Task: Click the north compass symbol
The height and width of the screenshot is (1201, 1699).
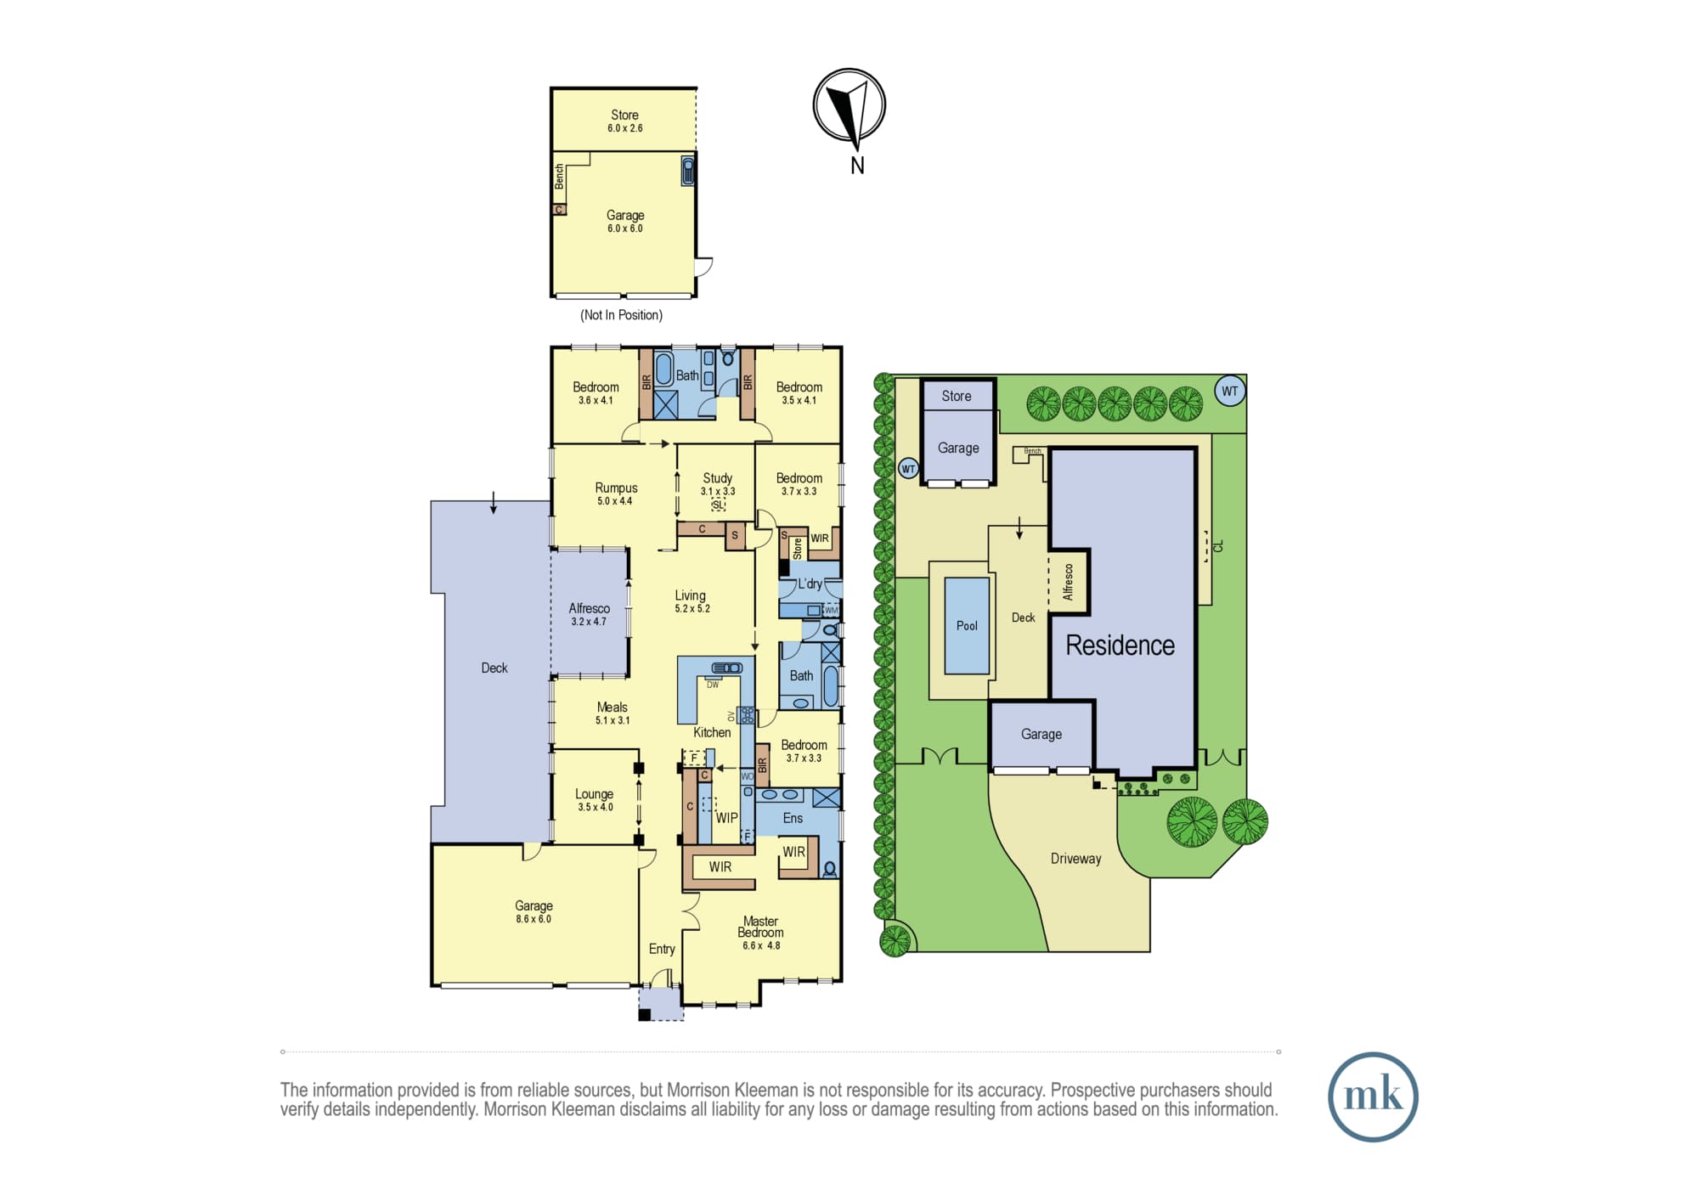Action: click(849, 105)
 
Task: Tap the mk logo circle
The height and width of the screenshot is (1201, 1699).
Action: click(1373, 1097)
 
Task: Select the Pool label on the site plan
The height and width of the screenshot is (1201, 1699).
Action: click(967, 626)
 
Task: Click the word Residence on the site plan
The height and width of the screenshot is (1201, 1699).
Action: click(1120, 646)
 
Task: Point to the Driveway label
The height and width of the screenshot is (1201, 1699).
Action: click(1075, 859)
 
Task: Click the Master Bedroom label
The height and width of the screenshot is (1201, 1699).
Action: click(760, 927)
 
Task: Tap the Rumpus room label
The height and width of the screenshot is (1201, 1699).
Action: click(616, 488)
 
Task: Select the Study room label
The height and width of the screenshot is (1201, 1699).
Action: click(718, 478)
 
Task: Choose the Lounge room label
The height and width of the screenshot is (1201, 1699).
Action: click(594, 794)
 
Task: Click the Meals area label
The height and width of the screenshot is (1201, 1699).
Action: click(612, 707)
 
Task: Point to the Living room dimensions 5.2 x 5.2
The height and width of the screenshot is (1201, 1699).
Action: click(692, 609)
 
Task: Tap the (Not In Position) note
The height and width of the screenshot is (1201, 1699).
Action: click(621, 315)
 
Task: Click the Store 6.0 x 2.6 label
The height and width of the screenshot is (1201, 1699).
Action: click(624, 121)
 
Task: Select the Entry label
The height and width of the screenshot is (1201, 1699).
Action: click(662, 949)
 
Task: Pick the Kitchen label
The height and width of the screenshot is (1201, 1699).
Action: click(712, 732)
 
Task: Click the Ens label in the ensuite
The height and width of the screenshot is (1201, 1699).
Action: click(793, 818)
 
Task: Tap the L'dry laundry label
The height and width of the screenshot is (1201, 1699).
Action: click(810, 584)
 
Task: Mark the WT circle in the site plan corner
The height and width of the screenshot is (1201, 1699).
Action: click(1230, 391)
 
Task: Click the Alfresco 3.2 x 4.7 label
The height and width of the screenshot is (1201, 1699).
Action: click(589, 614)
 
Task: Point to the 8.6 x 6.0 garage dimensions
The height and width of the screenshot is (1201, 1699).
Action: click(533, 919)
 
